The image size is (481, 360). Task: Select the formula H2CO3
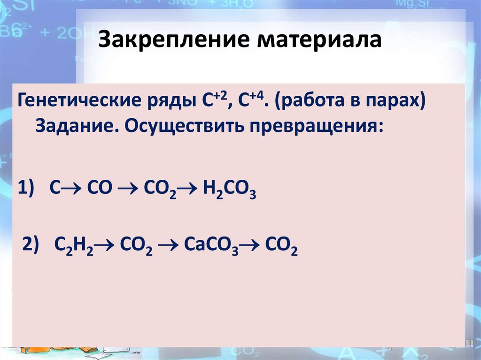pos(229,190)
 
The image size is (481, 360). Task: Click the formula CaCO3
pos(212,245)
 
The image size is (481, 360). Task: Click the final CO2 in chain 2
pos(281,245)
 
